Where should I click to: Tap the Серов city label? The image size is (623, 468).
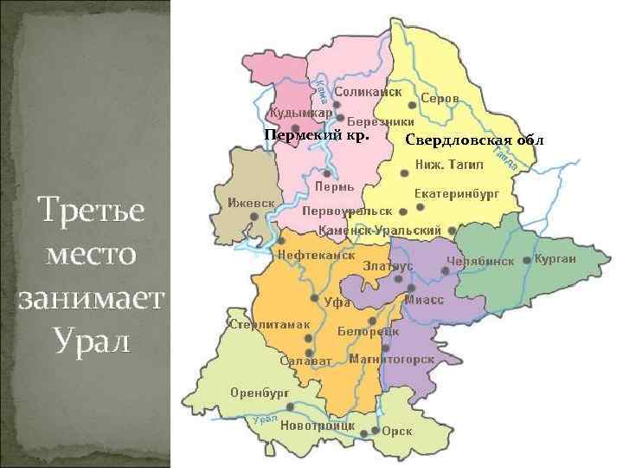[x=440, y=99]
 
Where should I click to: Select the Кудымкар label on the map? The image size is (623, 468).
[x=300, y=114]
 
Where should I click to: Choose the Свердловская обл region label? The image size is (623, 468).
[x=468, y=140]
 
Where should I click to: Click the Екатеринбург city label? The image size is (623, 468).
[x=457, y=194]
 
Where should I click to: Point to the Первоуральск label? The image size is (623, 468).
[x=346, y=211]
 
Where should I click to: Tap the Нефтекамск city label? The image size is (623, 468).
[x=317, y=256]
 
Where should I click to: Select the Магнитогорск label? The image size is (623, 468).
[x=391, y=359]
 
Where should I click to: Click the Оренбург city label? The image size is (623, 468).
[x=259, y=392]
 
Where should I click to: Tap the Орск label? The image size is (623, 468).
[x=397, y=431]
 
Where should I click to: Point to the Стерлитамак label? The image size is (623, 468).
[x=269, y=324]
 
